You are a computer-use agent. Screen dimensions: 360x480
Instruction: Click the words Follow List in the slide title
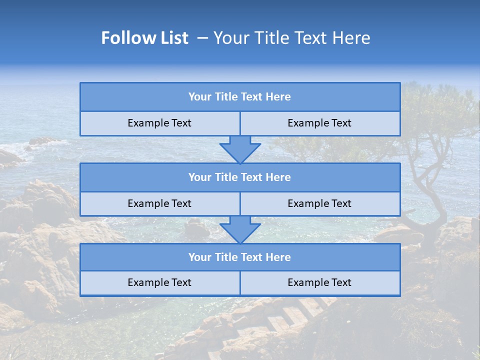[144, 38]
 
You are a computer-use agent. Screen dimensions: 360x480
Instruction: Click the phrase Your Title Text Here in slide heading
[291, 38]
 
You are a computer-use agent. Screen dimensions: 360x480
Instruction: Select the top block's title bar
[240, 97]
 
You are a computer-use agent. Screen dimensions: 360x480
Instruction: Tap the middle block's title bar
[240, 177]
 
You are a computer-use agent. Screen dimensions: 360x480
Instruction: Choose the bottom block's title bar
[240, 257]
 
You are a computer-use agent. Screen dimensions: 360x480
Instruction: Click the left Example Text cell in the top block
[159, 123]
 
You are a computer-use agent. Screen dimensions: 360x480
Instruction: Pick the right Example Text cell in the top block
[319, 123]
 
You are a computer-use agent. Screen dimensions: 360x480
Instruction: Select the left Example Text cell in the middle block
[159, 204]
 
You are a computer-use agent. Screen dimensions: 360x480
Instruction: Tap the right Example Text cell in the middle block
[319, 204]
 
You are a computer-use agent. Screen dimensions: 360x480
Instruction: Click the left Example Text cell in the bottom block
[159, 283]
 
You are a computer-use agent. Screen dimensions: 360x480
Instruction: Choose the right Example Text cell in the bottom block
[319, 283]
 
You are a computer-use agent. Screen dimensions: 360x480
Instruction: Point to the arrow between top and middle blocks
[240, 149]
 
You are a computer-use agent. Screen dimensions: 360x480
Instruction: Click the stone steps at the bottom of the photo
[295, 315]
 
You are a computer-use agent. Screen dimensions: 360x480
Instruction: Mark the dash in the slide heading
[203, 38]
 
